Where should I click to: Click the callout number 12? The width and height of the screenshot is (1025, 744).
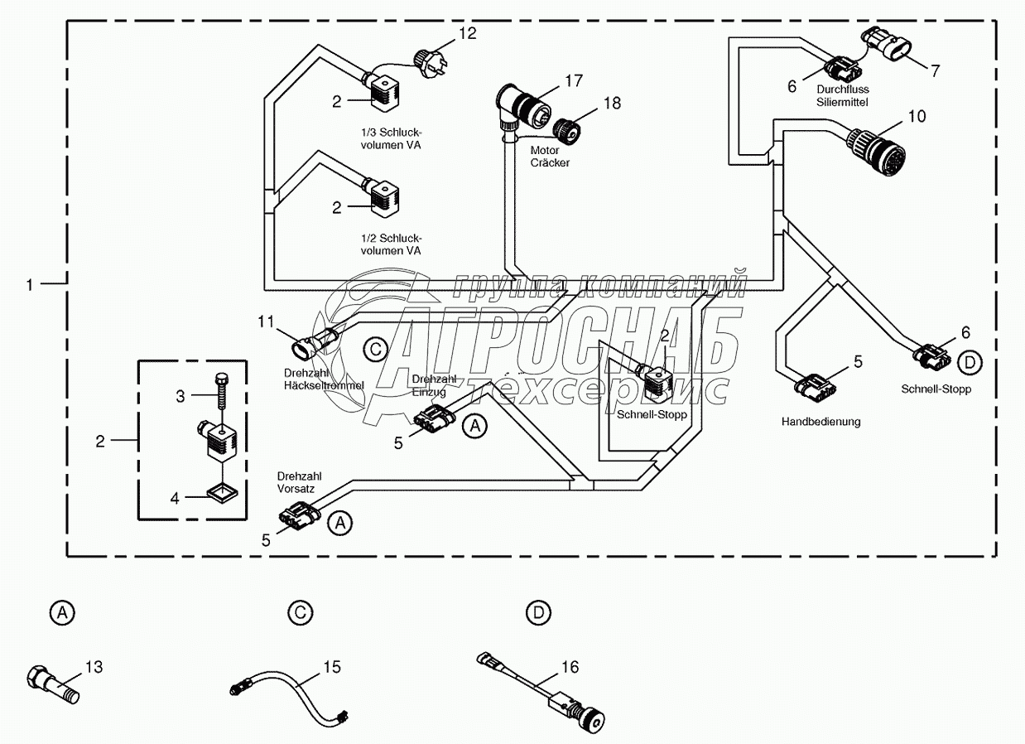click(467, 33)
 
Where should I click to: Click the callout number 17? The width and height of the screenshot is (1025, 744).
click(574, 80)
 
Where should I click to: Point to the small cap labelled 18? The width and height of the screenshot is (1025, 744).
click(566, 130)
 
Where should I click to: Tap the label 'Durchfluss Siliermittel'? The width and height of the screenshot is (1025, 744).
click(842, 95)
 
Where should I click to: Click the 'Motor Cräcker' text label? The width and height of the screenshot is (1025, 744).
click(550, 156)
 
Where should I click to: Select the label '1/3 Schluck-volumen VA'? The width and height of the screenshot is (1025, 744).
click(392, 138)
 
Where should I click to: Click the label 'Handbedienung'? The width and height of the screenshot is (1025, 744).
click(821, 421)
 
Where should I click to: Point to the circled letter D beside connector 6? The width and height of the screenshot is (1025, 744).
click(970, 363)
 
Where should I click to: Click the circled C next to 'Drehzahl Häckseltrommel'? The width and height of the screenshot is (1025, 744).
click(375, 350)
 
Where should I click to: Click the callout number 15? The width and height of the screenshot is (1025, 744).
click(332, 667)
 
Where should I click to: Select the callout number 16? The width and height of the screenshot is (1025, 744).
click(570, 667)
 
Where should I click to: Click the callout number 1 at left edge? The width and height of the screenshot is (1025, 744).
click(30, 285)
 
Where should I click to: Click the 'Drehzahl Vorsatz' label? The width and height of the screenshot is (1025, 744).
click(299, 482)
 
